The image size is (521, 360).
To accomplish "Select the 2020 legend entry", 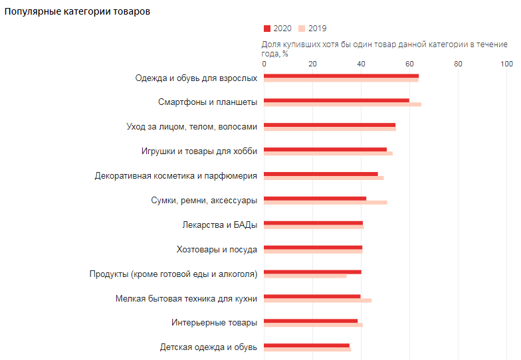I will tap(278, 29).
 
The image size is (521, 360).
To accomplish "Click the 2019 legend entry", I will tap(312, 29).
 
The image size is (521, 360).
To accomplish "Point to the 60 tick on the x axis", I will tap(409, 64).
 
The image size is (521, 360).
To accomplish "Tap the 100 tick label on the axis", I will tap(506, 64).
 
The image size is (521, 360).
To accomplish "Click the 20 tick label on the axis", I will tap(312, 64).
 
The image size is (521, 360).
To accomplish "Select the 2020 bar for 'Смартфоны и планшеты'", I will tap(336, 100).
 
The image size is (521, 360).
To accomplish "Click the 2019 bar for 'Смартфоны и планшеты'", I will tap(342, 104).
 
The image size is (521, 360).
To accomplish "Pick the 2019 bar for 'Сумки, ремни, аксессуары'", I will tap(326, 202).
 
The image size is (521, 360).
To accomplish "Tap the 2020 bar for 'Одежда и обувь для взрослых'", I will tap(341, 76).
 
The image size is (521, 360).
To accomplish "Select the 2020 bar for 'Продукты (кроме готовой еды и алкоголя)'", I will tap(312, 272).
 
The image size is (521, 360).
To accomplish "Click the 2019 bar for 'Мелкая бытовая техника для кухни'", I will tap(318, 300).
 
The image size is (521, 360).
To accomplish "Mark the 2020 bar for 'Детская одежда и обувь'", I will tap(306, 345).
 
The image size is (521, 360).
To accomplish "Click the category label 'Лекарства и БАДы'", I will tap(219, 225).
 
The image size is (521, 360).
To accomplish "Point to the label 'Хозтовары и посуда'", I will tap(217, 249).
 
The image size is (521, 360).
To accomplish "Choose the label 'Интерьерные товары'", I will tap(214, 323).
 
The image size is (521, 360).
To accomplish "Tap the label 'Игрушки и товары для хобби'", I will tap(199, 151).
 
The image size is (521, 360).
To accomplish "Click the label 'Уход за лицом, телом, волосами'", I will tap(191, 126).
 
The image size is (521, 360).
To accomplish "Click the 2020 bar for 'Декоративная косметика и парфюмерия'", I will tap(320, 174).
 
